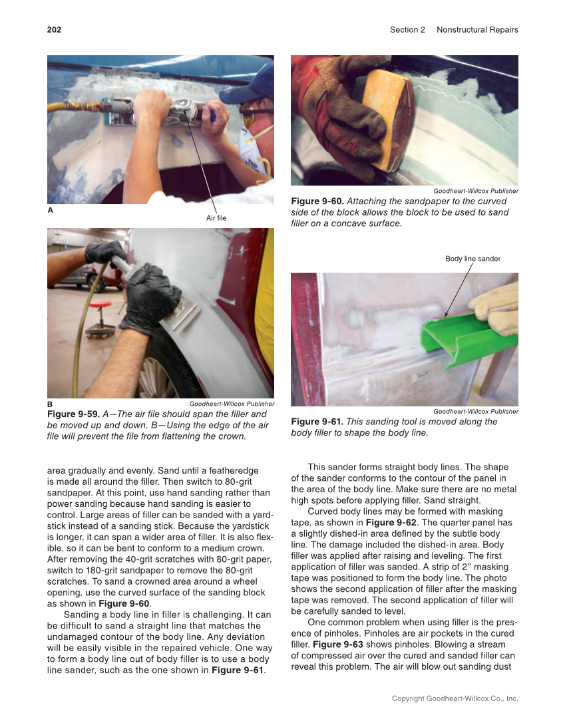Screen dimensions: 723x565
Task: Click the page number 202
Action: click(x=54, y=30)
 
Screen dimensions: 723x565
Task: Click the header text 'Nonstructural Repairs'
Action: click(x=477, y=30)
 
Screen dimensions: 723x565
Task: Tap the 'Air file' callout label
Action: click(x=216, y=218)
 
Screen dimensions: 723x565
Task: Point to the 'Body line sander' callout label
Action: click(x=472, y=259)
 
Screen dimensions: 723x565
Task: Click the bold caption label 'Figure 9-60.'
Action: click(x=317, y=202)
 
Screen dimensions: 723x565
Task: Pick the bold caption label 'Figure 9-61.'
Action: click(x=317, y=422)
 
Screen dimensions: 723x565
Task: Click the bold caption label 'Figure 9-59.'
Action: click(x=74, y=414)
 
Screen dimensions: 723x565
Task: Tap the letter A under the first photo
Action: click(x=50, y=210)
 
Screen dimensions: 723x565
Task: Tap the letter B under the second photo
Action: click(x=50, y=404)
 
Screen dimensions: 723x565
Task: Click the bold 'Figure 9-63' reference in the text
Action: click(x=337, y=645)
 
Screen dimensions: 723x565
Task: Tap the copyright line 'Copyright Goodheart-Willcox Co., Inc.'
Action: click(x=455, y=698)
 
